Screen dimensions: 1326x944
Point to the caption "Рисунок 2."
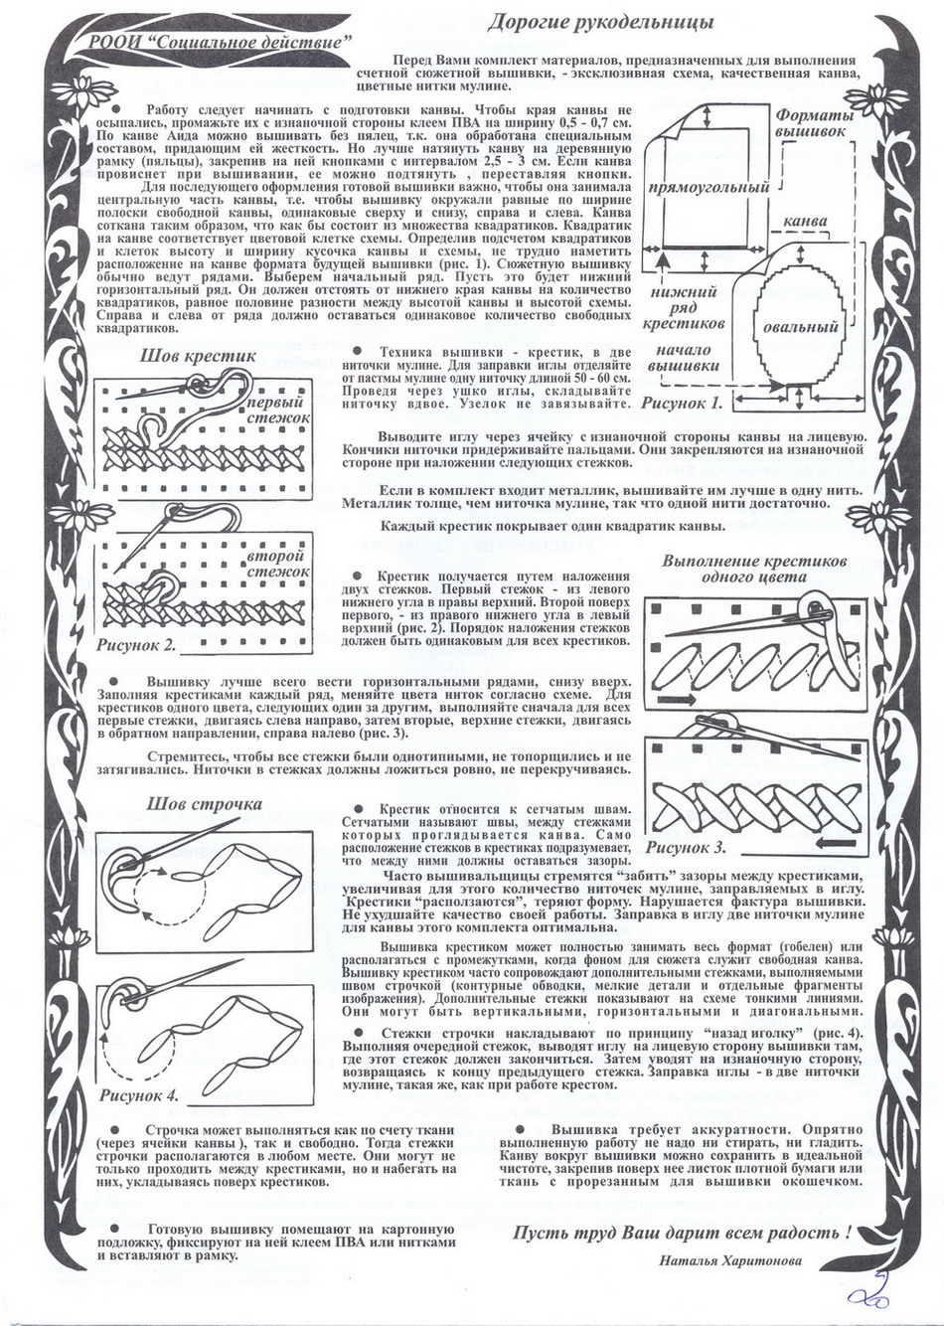pyautogui.click(x=137, y=644)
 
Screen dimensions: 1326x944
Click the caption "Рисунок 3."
pyautogui.click(x=687, y=848)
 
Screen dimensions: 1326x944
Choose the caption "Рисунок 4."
pyautogui.click(x=140, y=1094)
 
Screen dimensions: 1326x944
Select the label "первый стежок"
pyautogui.click(x=277, y=412)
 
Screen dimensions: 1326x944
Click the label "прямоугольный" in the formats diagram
pyautogui.click(x=708, y=187)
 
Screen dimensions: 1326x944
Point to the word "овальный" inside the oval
pyautogui.click(x=800, y=327)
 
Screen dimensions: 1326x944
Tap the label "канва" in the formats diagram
pyautogui.click(x=807, y=219)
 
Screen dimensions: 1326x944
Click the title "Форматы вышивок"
pyautogui.click(x=814, y=122)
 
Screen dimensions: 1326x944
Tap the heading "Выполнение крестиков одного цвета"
pyautogui.click(x=753, y=568)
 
